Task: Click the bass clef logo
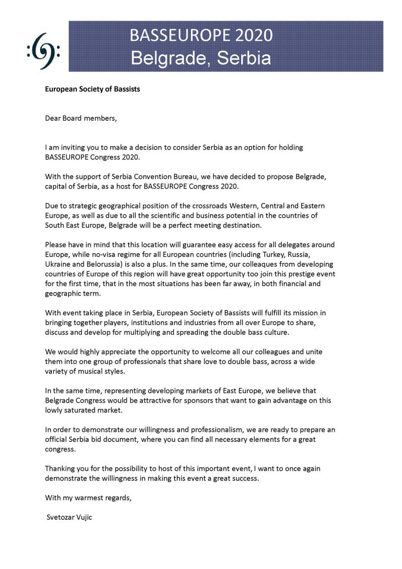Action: coord(43,51)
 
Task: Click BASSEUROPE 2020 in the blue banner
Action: coord(201,36)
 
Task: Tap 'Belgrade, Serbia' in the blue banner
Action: coord(201,58)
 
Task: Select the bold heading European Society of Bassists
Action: coord(92,89)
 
